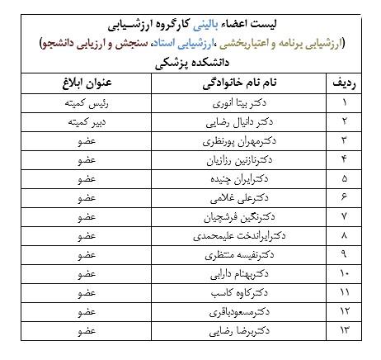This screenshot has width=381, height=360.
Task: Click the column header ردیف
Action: pyautogui.click(x=343, y=84)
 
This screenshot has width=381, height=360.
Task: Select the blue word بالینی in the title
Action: pyautogui.click(x=218, y=20)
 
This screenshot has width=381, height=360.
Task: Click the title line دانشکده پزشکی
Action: pyautogui.click(x=191, y=60)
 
